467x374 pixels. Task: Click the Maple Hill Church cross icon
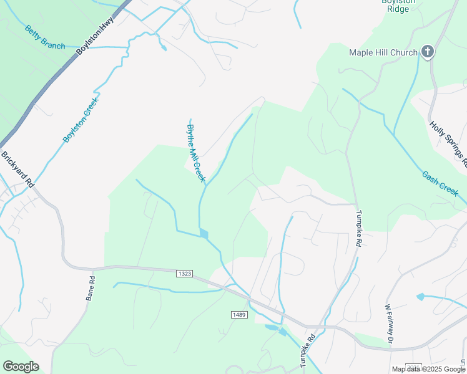click(x=428, y=52)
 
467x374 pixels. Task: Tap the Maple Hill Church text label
click(x=383, y=52)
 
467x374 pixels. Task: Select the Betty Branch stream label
click(x=45, y=37)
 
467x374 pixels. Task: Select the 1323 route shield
click(x=184, y=273)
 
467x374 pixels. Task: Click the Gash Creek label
click(x=440, y=185)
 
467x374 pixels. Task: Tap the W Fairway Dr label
click(x=390, y=324)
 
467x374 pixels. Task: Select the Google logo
click(x=21, y=367)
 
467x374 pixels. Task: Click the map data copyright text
click(x=428, y=369)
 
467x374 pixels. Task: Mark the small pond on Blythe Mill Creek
click(x=204, y=234)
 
